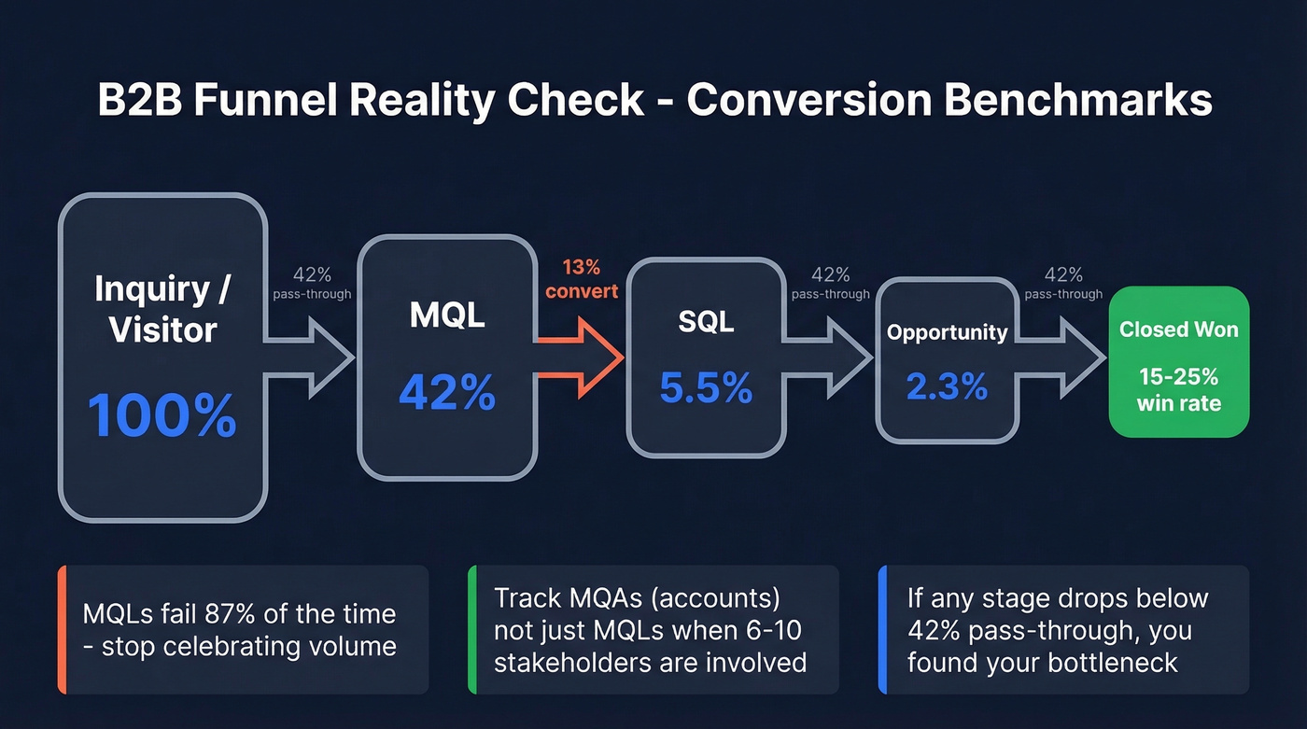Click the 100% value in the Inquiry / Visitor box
162,415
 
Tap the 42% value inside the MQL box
446,392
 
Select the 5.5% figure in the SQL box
705,387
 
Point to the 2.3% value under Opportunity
947,385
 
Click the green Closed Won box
1178,362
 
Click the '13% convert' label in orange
582,279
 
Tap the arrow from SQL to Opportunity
831,357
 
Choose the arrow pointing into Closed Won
1064,357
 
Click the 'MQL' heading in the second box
446,315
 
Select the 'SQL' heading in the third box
705,321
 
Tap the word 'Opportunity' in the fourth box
947,332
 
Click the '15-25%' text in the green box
1178,377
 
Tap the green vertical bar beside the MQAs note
471,629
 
